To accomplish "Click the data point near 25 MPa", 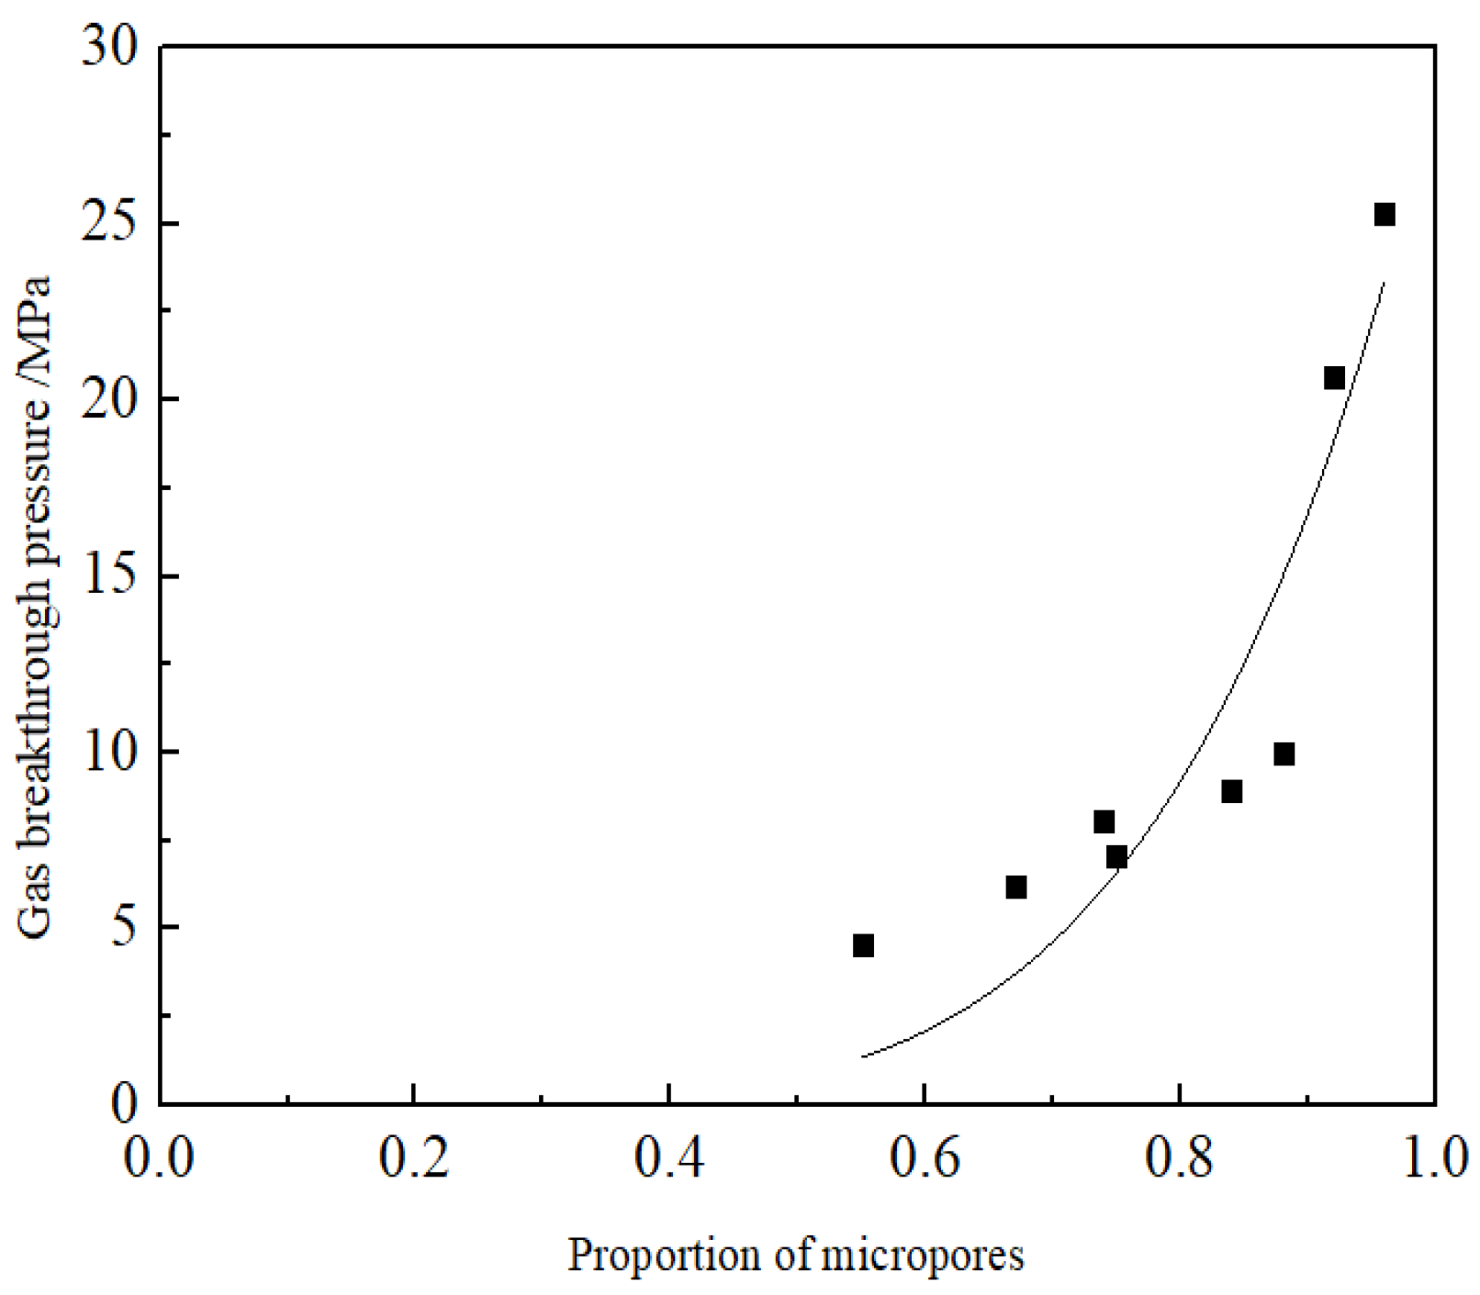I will click(x=1384, y=215).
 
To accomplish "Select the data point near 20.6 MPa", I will click(x=1334, y=378).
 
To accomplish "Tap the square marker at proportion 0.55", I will click(x=863, y=945).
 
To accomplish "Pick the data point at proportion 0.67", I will click(x=1015, y=888).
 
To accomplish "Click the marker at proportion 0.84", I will click(x=1232, y=791).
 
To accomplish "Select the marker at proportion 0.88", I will click(x=1284, y=754).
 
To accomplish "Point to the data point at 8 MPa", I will click(x=1104, y=821).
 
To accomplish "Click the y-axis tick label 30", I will click(x=109, y=46).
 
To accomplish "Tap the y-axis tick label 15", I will click(x=109, y=576).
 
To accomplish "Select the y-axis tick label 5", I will click(x=123, y=928).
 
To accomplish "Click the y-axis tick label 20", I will click(x=109, y=400).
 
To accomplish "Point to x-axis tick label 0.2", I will click(x=414, y=1158).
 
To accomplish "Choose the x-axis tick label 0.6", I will click(x=924, y=1158).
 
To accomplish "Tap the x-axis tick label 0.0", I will click(x=160, y=1158).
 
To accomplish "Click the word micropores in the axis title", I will click(x=922, y=1256).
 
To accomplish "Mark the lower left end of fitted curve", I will click(x=862, y=1056).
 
